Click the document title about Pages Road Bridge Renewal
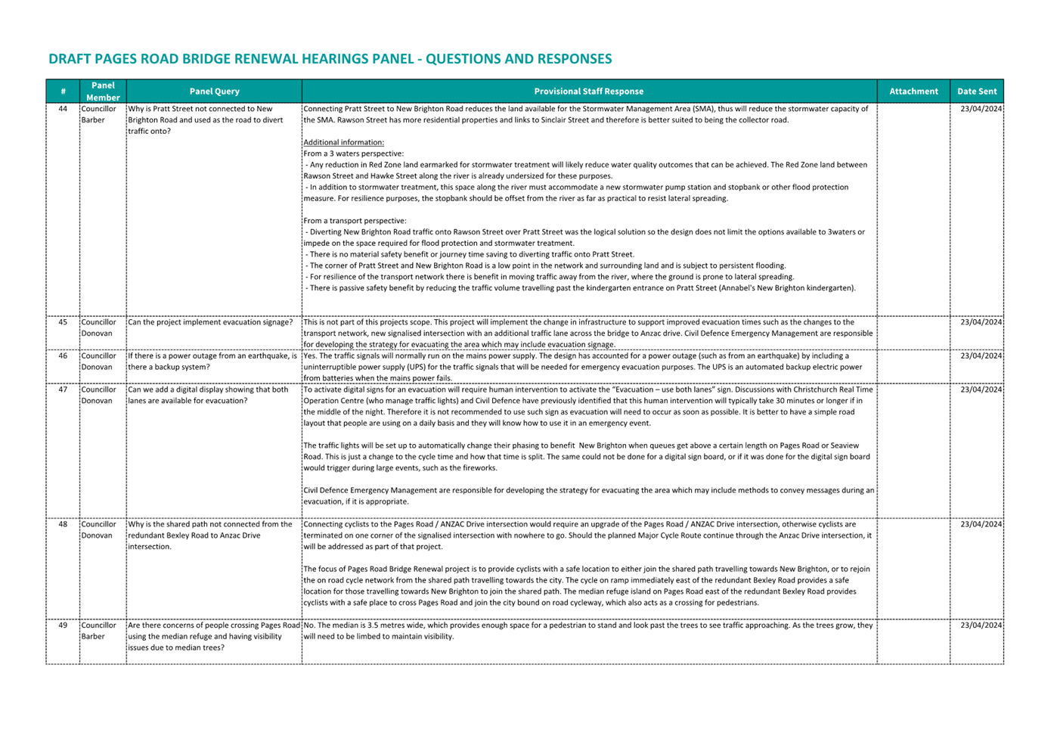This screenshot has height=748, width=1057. (x=330, y=59)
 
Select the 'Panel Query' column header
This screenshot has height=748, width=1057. (x=214, y=92)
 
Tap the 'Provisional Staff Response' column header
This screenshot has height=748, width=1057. (x=588, y=92)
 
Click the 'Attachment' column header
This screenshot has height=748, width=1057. (x=913, y=92)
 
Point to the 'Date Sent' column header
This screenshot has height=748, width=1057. (x=977, y=92)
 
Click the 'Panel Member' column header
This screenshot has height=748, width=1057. (x=103, y=92)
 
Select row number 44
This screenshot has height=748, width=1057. (x=63, y=109)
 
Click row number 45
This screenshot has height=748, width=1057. (x=63, y=322)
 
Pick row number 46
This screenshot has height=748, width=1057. (x=63, y=355)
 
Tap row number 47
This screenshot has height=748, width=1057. (x=63, y=390)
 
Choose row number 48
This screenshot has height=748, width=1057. (x=63, y=524)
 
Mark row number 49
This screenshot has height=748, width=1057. (x=63, y=625)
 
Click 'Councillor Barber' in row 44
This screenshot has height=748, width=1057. (x=98, y=114)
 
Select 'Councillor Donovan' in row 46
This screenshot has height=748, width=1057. (x=98, y=362)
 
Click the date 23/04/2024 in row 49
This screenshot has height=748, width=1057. (x=981, y=625)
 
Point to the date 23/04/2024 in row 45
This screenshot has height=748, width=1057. (x=981, y=322)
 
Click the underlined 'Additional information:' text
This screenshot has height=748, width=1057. (x=343, y=142)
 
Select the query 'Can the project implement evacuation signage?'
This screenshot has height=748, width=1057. (x=210, y=322)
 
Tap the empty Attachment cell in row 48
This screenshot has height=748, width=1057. (x=913, y=567)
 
